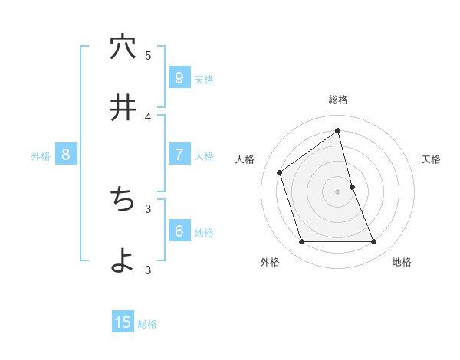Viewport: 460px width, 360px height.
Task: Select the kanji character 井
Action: pyautogui.click(x=123, y=107)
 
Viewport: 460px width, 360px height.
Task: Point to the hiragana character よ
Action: pyautogui.click(x=123, y=260)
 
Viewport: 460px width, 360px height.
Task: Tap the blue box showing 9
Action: pyautogui.click(x=179, y=77)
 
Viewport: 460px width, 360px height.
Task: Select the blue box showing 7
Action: pyautogui.click(x=179, y=155)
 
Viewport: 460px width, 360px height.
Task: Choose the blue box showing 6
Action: pyautogui.click(x=179, y=231)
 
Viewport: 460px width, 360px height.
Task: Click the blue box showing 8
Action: pyautogui.click(x=65, y=155)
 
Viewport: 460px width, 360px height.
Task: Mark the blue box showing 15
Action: pyautogui.click(x=123, y=322)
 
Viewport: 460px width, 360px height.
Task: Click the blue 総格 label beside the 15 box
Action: pyautogui.click(x=147, y=324)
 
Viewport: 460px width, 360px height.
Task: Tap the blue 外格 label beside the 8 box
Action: pyautogui.click(x=41, y=156)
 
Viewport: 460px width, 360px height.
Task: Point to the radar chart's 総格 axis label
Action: pyautogui.click(x=338, y=100)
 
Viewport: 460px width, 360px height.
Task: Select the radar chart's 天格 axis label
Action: pyautogui.click(x=432, y=159)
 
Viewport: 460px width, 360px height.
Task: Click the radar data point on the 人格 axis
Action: pyautogui.click(x=280, y=172)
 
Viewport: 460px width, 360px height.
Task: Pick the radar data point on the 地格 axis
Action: pyautogui.click(x=374, y=242)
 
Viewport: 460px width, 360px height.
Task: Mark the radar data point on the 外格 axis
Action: pyautogui.click(x=301, y=242)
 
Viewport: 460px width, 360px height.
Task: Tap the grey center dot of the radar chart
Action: pyautogui.click(x=338, y=191)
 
